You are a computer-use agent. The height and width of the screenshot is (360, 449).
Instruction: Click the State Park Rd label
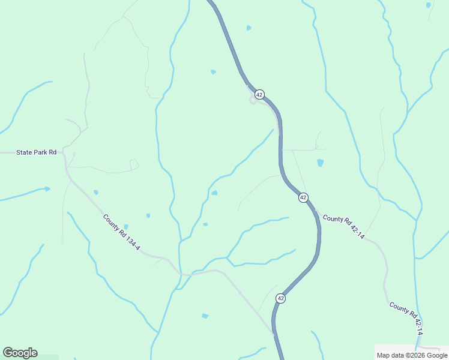36,152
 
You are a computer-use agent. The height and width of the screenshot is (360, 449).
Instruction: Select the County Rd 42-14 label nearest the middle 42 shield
343,228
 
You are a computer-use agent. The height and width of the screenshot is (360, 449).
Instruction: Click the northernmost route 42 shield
259,95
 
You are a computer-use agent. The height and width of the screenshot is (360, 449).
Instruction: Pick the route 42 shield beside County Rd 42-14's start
303,197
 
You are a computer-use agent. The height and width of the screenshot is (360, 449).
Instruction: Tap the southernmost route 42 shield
280,298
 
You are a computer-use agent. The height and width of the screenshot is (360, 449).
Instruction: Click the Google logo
20,353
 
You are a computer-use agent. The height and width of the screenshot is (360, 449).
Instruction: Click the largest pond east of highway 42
320,163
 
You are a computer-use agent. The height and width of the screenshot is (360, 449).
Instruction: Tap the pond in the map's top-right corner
428,5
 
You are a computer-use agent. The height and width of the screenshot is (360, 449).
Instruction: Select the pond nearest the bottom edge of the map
205,316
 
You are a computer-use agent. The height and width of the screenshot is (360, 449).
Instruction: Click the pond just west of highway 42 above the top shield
213,72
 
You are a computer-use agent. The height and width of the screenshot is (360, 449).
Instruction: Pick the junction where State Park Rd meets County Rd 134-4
65,154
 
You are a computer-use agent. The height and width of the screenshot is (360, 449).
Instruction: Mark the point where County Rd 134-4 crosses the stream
179,271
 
